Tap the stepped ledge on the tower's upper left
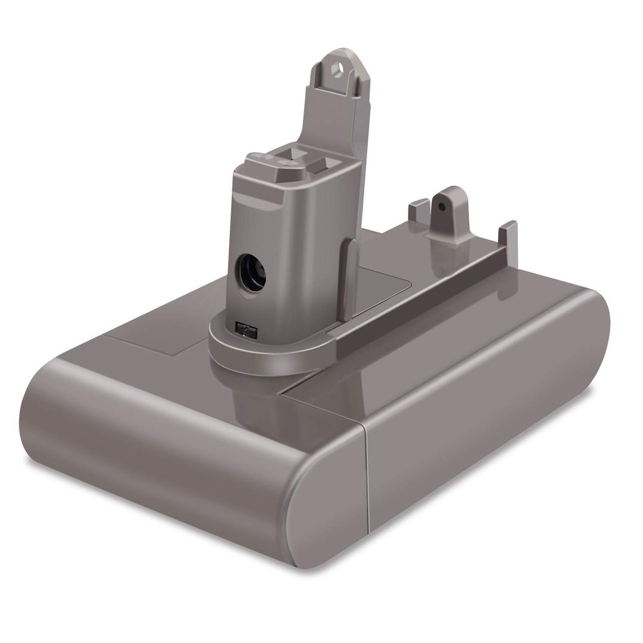pyautogui.click(x=253, y=179)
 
